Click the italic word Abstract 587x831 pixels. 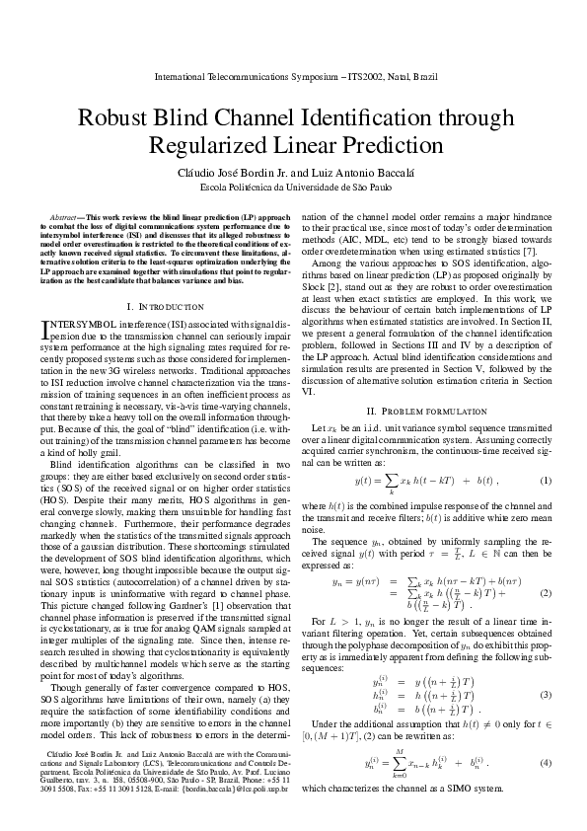click(66, 215)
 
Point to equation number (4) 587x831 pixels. click(546, 766)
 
